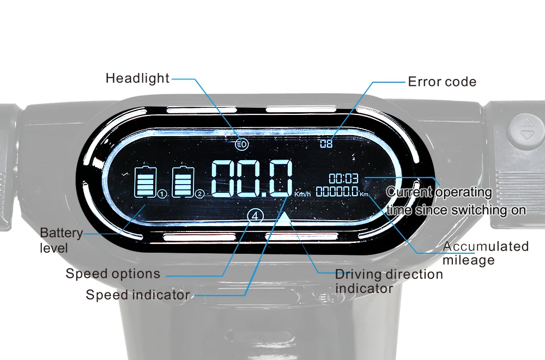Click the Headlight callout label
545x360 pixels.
tap(137, 78)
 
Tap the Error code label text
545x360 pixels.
tap(442, 82)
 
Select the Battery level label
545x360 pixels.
tap(61, 240)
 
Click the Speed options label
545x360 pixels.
tap(113, 273)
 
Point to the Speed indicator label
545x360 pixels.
tap(137, 295)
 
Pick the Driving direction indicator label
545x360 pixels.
tap(389, 281)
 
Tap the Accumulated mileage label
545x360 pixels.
tap(485, 253)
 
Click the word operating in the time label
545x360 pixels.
tap(464, 192)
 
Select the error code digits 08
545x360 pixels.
tap(326, 144)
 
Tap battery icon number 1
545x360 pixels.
tap(146, 182)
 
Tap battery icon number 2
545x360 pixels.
tap(183, 182)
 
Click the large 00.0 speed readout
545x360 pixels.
tap(251, 178)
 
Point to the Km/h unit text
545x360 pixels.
tap(302, 194)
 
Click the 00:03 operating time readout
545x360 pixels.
tap(343, 178)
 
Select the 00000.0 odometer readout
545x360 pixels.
tap(337, 191)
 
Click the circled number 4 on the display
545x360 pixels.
tap(256, 216)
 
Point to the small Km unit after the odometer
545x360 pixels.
tap(364, 193)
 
